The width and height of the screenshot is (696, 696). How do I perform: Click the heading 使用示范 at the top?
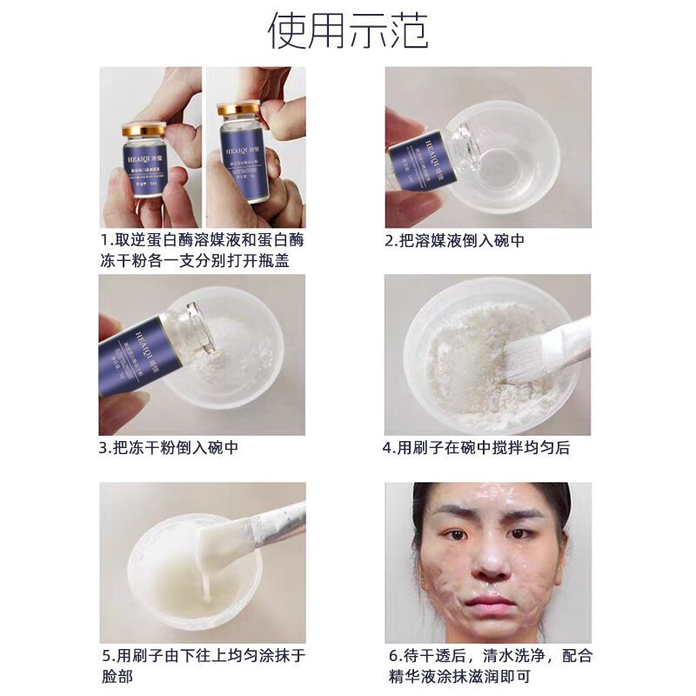point(348,32)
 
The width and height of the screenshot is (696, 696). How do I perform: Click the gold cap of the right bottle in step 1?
point(238,109)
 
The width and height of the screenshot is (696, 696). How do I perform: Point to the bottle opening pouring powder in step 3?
point(199,328)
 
